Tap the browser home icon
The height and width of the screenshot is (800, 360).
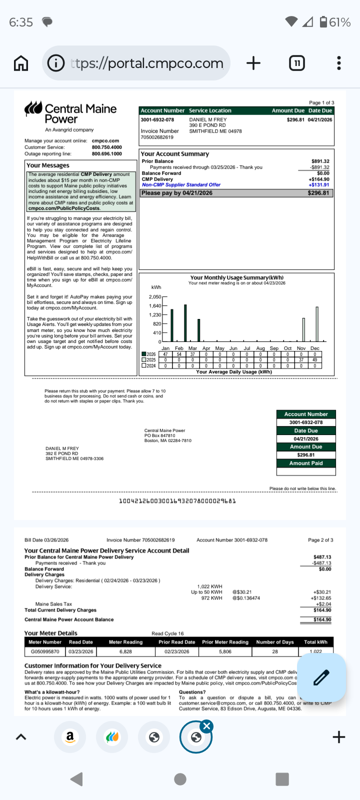click(20, 63)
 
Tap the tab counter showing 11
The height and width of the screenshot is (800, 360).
click(297, 63)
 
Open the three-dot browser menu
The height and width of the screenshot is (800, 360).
click(339, 63)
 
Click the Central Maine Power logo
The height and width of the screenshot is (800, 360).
click(70, 114)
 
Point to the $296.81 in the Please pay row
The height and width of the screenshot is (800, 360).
click(318, 193)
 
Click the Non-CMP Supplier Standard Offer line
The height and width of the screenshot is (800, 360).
click(181, 185)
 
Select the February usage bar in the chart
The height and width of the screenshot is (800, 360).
click(185, 322)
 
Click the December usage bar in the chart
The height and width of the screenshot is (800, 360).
click(317, 324)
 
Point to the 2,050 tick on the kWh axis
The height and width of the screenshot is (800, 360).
click(155, 297)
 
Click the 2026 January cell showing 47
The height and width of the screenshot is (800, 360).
click(165, 354)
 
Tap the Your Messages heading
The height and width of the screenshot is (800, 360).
click(48, 165)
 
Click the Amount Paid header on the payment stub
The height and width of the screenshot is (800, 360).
click(306, 463)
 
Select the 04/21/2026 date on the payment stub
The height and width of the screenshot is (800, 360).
click(306, 438)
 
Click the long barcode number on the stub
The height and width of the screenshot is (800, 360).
click(177, 501)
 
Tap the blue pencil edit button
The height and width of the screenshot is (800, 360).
click(321, 677)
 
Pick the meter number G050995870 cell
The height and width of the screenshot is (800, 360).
click(45, 651)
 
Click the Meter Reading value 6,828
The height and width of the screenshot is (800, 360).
click(125, 651)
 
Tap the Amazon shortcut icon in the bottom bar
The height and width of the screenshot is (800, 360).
click(70, 736)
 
